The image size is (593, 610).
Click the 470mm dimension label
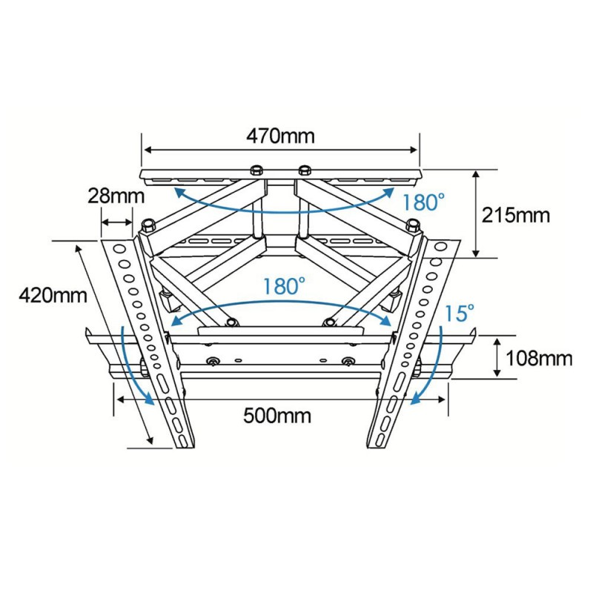(x=280, y=136)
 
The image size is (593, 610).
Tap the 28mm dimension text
(x=116, y=196)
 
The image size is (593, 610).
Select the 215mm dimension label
(x=516, y=215)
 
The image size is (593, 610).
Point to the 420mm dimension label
(x=53, y=295)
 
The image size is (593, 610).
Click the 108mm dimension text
(x=539, y=358)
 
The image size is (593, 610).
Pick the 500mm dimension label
(x=277, y=416)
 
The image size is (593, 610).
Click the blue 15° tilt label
(x=459, y=314)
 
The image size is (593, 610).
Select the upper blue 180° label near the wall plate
(x=423, y=202)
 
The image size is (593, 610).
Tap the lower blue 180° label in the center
(x=284, y=286)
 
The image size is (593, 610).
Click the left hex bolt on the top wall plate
(x=256, y=170)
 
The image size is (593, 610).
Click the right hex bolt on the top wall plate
(x=304, y=170)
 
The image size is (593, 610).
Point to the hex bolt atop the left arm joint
(x=148, y=225)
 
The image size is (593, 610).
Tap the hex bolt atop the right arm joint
(x=412, y=225)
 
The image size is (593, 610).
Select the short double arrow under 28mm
(x=116, y=222)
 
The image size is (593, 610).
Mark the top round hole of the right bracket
(x=441, y=247)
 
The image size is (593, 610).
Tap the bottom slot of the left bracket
(x=182, y=439)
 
